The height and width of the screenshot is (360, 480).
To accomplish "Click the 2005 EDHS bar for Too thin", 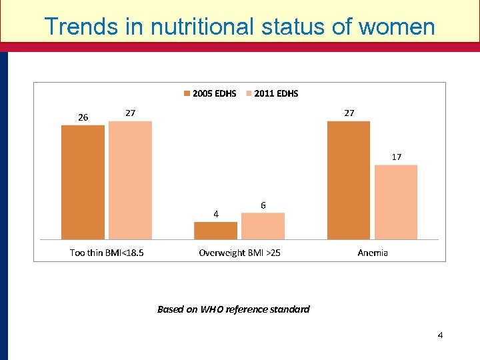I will click(83, 182).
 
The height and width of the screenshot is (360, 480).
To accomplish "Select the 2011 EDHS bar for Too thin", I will click(130, 180).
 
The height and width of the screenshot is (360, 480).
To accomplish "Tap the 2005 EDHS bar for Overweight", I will click(215, 230).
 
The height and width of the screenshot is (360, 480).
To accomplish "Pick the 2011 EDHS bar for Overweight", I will click(263, 226).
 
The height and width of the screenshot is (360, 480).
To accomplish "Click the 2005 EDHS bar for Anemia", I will click(348, 180).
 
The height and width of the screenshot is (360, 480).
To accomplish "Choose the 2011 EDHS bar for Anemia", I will click(395, 202).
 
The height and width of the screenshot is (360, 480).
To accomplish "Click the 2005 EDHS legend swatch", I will click(187, 93).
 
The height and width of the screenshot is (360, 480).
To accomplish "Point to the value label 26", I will click(83, 117).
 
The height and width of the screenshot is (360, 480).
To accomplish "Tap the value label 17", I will click(396, 157).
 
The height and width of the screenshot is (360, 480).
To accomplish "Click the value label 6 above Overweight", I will click(263, 205).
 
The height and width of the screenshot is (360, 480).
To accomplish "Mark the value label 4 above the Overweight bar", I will click(215, 214).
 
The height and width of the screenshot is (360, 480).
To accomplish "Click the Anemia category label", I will click(373, 253).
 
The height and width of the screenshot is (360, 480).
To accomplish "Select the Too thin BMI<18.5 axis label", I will click(107, 253).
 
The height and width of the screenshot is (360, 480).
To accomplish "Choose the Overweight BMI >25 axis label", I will click(239, 253).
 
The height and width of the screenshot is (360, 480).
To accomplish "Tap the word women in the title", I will click(397, 27).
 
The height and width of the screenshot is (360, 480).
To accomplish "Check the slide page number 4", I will click(440, 335).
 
